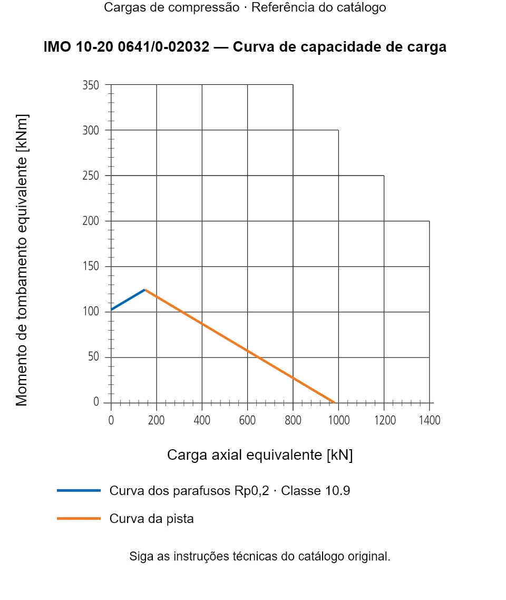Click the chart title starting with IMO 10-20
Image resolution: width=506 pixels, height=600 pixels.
point(245,47)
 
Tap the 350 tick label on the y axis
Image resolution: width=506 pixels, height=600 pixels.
point(91,85)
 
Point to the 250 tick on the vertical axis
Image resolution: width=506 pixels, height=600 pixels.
point(91,176)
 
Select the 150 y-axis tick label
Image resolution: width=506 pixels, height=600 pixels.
point(91,266)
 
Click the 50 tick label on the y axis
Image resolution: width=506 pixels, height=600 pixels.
point(93,356)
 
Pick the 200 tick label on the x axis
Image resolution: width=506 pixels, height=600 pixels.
point(156,420)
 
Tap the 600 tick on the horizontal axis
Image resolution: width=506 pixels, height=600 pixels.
point(247,420)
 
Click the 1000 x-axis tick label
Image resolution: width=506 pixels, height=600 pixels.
point(339,420)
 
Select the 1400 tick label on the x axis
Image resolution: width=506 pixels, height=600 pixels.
point(430,420)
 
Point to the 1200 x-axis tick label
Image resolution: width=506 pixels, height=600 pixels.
point(385,420)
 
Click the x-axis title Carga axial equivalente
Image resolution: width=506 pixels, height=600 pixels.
point(260,455)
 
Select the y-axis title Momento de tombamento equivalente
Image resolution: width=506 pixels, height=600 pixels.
point(22,260)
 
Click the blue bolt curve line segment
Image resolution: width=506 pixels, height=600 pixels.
point(128,299)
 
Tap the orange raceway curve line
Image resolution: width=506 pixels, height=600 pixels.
point(240,346)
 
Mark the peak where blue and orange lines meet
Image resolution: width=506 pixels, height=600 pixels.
point(145,289)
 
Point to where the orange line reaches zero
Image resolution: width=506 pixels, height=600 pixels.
point(334,403)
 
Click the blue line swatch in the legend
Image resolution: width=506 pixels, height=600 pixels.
point(79,490)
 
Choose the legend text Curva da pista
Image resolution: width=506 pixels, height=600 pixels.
point(151,519)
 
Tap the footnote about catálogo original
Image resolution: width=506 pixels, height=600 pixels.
point(260,556)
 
